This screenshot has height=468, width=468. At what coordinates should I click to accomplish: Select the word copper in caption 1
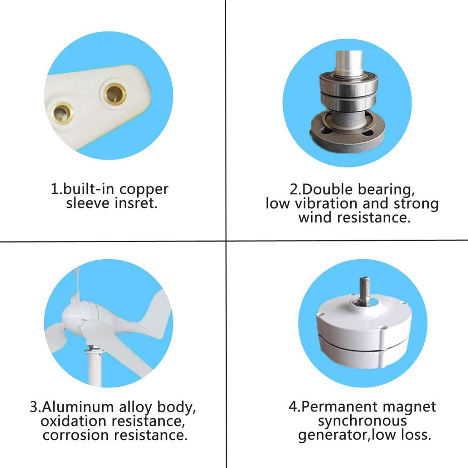click(x=144, y=189)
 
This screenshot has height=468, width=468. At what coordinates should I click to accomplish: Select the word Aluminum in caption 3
click(x=78, y=407)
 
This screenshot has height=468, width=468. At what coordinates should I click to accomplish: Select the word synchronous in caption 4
click(x=362, y=421)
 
